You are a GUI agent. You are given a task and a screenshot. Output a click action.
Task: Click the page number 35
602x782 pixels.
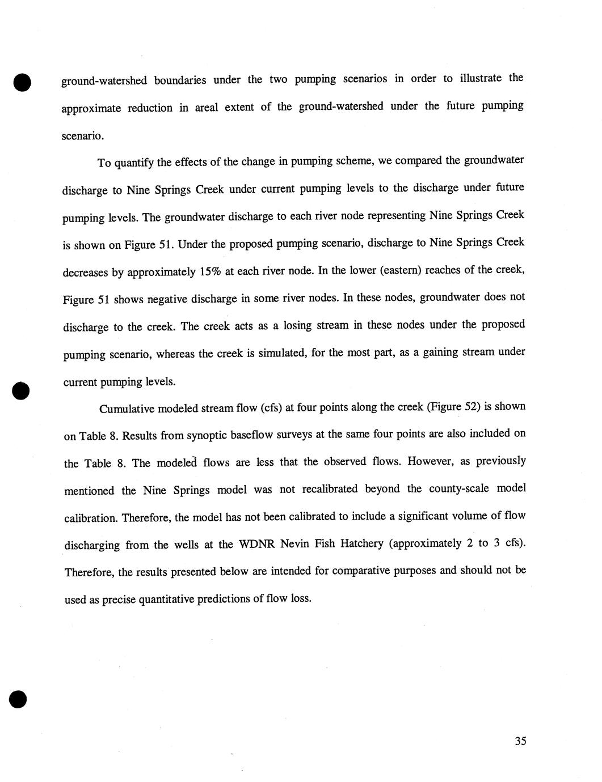pyautogui.click(x=520, y=741)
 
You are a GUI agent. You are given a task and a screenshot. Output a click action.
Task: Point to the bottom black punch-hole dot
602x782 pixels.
pyautogui.click(x=18, y=699)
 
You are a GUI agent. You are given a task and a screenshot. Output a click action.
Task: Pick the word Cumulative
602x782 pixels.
pyautogui.click(x=126, y=409)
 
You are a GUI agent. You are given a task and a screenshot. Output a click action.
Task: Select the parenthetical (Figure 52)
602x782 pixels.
pyautogui.click(x=453, y=406)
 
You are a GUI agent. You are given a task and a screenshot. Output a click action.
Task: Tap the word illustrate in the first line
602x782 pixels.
pyautogui.click(x=481, y=78)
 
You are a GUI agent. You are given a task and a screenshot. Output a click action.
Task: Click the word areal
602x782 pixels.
pyautogui.click(x=206, y=107)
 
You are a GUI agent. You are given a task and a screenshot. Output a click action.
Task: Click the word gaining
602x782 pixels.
pyautogui.click(x=445, y=352)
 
